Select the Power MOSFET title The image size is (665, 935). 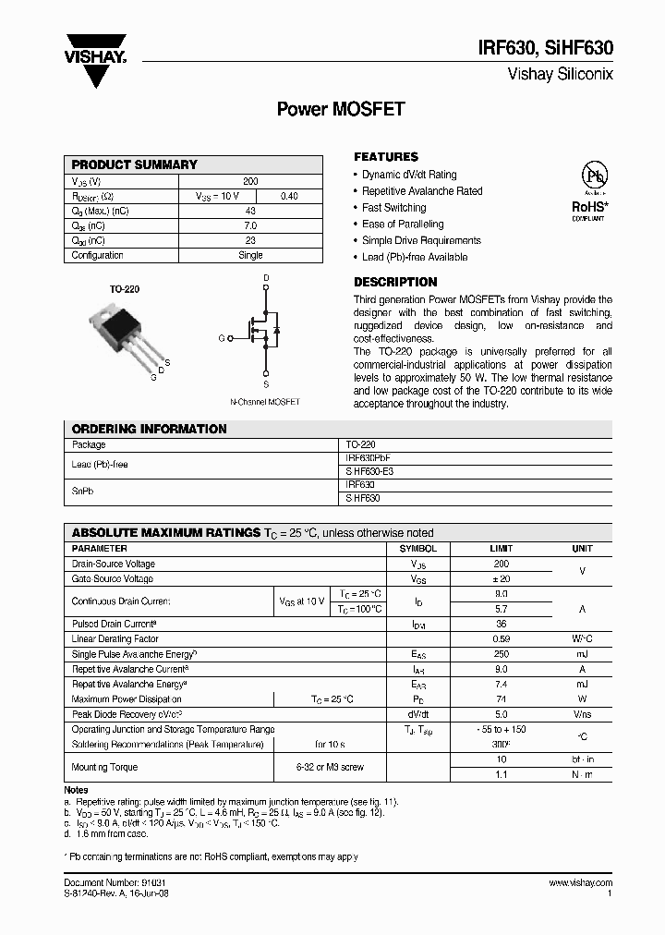point(341,109)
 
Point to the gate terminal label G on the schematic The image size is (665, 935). point(221,338)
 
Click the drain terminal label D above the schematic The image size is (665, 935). point(266,277)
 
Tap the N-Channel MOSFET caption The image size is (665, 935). point(265,402)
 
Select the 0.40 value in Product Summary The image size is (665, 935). point(289,196)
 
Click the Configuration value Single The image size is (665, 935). point(250,255)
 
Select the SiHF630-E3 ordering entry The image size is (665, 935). point(369,471)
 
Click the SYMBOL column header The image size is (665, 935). point(418,548)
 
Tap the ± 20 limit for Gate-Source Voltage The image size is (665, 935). point(501,578)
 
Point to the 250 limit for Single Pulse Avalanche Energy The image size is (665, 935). point(501,654)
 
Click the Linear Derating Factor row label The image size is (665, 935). point(115,639)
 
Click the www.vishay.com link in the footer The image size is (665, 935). point(580,883)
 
